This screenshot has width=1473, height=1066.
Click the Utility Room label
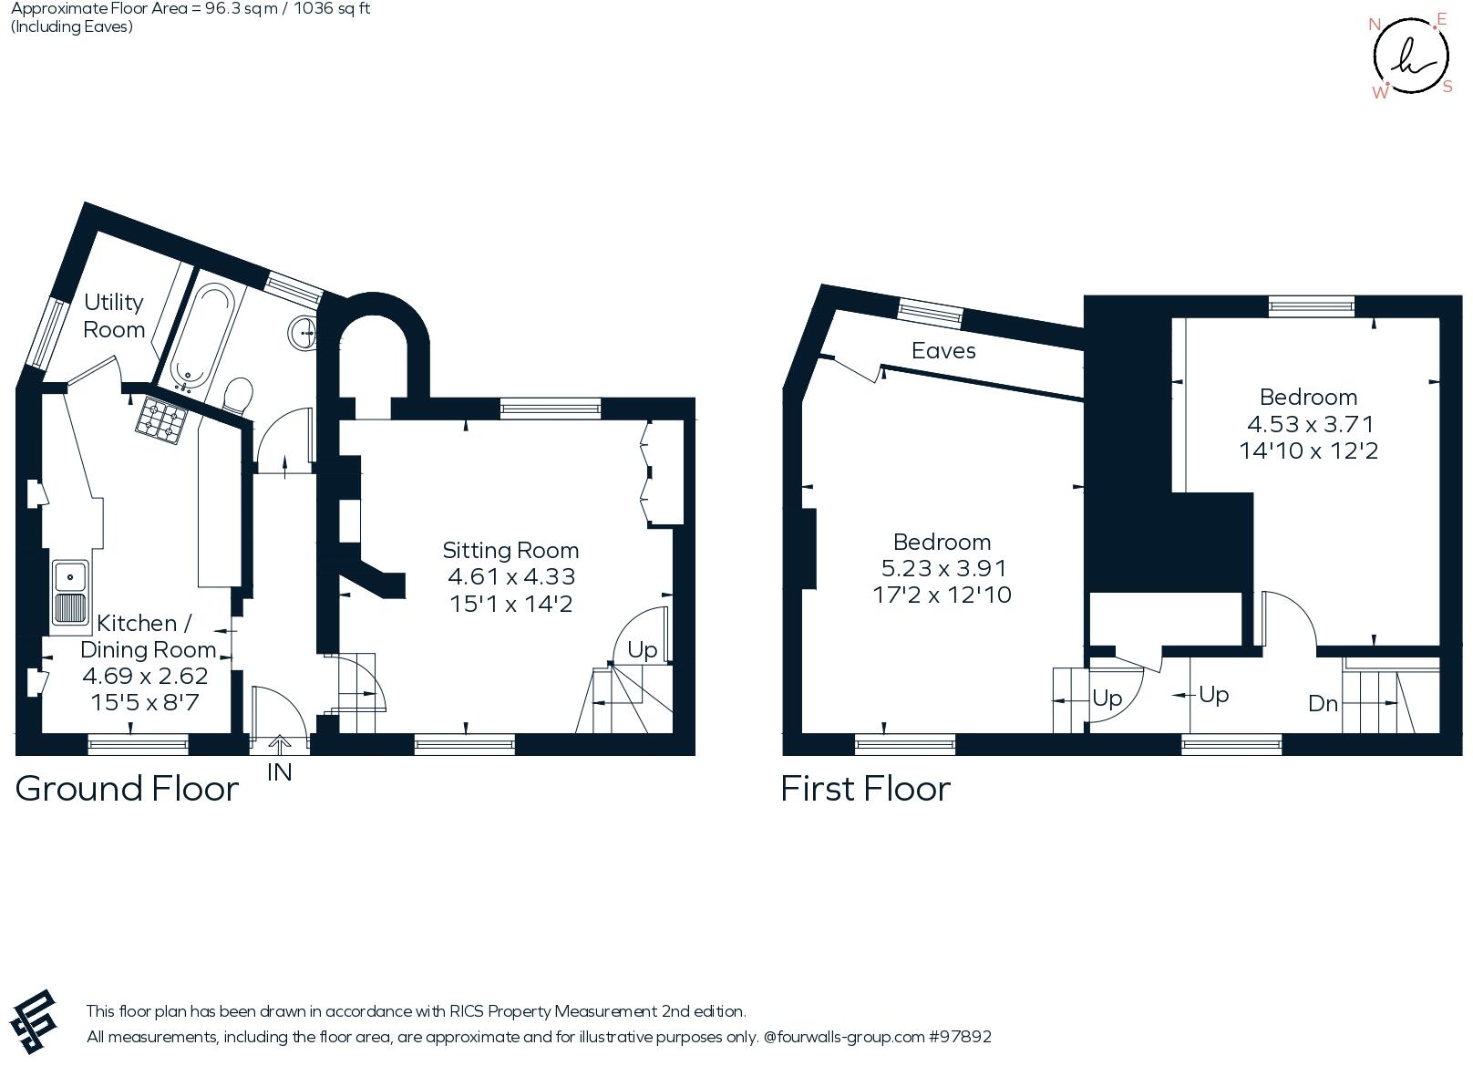114,316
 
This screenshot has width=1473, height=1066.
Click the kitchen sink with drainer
69,592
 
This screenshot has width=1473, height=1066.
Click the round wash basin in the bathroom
302,333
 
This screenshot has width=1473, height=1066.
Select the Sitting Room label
510,550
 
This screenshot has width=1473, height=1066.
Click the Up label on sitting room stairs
643,650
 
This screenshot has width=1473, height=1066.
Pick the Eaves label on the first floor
943,351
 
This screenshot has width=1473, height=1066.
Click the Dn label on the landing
1323,703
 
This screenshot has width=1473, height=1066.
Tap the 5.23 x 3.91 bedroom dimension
943,568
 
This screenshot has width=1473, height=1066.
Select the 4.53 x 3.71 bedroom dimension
1309,424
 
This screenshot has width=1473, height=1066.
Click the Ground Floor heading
127,789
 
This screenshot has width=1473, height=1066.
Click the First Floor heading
865,789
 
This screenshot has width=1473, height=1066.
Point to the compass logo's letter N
1375,25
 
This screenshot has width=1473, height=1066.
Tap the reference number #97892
959,1037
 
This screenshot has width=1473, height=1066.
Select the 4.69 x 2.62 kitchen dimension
145,676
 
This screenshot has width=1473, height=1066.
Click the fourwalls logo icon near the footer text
35,1021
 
